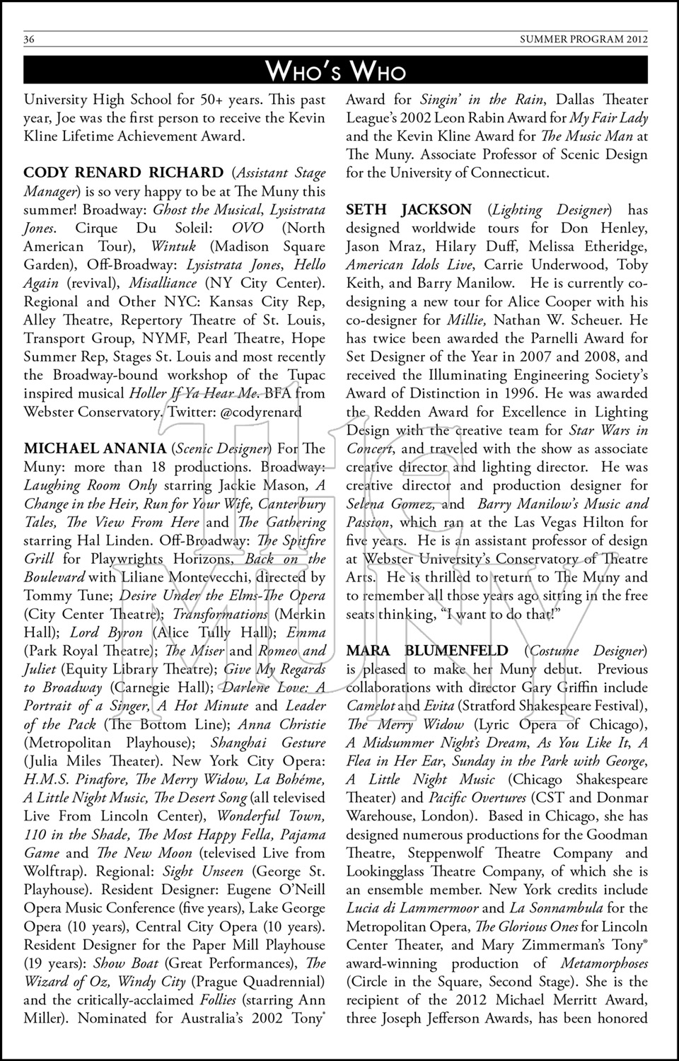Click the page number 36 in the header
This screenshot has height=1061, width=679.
pyautogui.click(x=29, y=40)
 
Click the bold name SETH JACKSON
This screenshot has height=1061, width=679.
pyautogui.click(x=409, y=209)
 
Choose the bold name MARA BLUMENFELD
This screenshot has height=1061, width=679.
pyautogui.click(x=427, y=651)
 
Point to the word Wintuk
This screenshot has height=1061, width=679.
pyautogui.click(x=173, y=246)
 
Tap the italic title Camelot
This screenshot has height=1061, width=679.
pyautogui.click(x=370, y=706)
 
